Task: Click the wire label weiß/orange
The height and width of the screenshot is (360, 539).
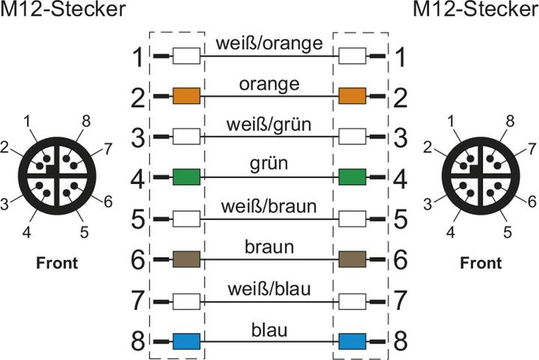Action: coord(269,43)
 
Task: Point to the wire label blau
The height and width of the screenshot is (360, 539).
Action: coord(269,329)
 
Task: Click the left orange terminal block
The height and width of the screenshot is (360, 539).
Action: coord(186,96)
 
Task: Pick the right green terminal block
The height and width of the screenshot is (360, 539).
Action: coord(352,177)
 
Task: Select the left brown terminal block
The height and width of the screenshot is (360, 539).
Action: coord(186,260)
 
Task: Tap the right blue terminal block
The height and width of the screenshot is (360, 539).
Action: coord(352,342)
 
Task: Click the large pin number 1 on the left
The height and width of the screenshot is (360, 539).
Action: coord(137,57)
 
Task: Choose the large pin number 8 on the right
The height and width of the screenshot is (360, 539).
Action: coord(402,342)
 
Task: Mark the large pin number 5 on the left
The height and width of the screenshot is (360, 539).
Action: coord(137,219)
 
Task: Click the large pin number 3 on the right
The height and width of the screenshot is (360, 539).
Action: coord(402,137)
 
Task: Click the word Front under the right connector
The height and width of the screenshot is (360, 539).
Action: coord(480,263)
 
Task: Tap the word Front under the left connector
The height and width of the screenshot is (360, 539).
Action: coord(56,263)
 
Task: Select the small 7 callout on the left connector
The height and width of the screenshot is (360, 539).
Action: coord(108,148)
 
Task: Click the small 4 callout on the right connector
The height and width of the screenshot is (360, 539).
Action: coord(451,233)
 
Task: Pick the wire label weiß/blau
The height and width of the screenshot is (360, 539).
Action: coord(269,288)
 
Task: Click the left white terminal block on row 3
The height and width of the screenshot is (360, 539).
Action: coord(186,137)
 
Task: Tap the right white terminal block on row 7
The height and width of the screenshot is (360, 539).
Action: coord(352,301)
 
